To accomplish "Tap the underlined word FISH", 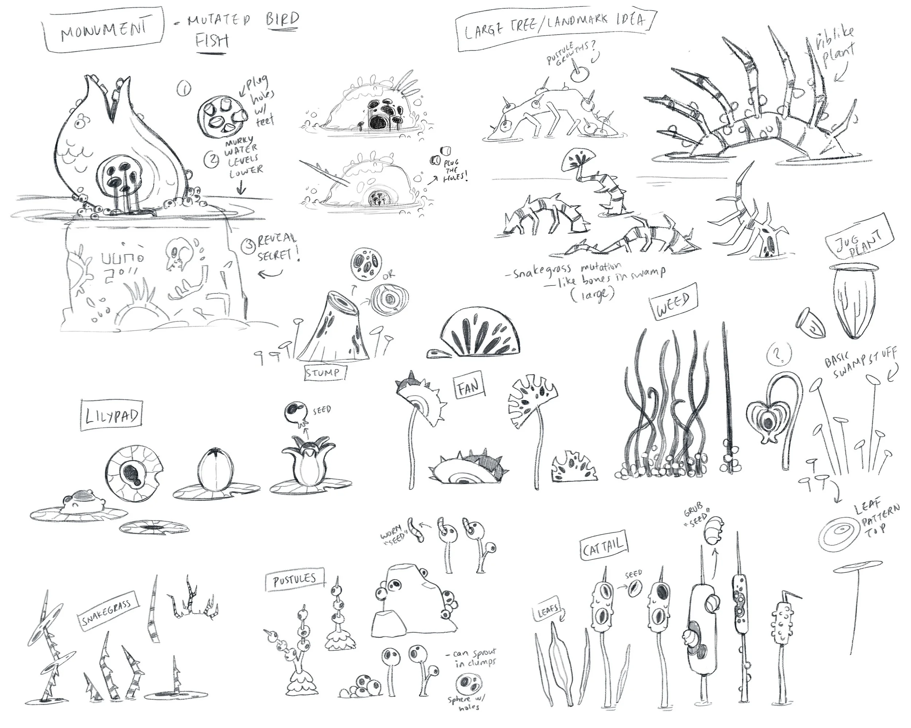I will click(212, 41).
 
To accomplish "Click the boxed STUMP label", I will click(323, 373).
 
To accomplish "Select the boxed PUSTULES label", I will click(295, 580).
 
